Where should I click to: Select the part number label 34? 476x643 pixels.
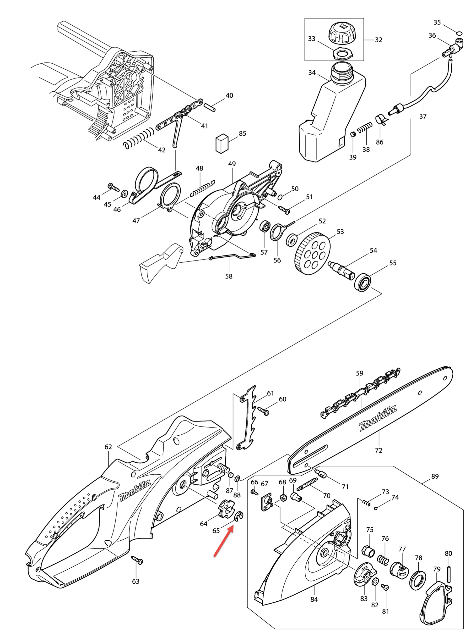(x=312, y=73)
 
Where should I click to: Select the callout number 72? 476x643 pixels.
(x=378, y=450)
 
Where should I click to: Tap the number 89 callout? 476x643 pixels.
(x=435, y=476)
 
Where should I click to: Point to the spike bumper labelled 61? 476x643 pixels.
(x=248, y=417)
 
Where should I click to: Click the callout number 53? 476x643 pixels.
(x=340, y=232)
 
